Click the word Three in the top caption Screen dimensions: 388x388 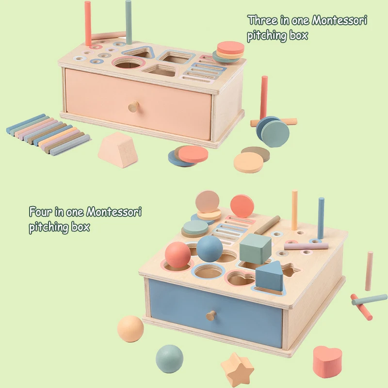pyautogui.click(x=262, y=21)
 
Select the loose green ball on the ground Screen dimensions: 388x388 pyautogui.click(x=169, y=359)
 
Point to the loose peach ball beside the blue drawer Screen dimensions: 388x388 pyautogui.click(x=130, y=329)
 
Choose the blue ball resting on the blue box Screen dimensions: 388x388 pyautogui.click(x=210, y=248)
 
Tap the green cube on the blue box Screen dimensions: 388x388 pyautogui.click(x=255, y=247)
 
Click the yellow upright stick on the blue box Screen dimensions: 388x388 pyautogui.click(x=294, y=210)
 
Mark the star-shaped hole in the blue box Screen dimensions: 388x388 pyautogui.click(x=290, y=270)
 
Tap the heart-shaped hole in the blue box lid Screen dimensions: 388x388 pyautogui.click(x=240, y=280)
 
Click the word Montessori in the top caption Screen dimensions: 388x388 pyautogui.click(x=339, y=21)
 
